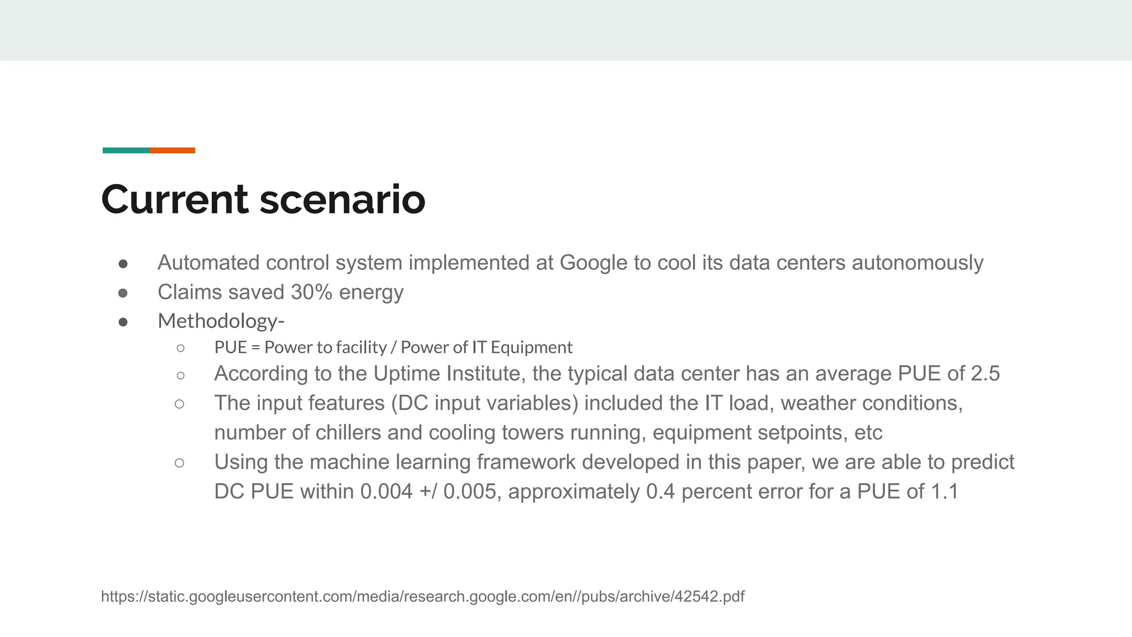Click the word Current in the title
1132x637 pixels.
pos(175,200)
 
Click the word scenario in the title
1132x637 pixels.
pos(342,200)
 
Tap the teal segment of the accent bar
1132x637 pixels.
pos(126,150)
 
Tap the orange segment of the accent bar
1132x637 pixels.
pos(172,150)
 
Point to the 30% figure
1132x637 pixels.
pos(311,292)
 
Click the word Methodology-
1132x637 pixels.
pos(221,321)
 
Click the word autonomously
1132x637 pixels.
pos(918,263)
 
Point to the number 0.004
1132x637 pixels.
pos(386,492)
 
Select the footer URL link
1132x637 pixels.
pos(423,597)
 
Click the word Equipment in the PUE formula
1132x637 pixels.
pos(531,347)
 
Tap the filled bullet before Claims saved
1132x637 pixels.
pos(123,293)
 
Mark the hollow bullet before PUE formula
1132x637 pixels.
pos(180,348)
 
